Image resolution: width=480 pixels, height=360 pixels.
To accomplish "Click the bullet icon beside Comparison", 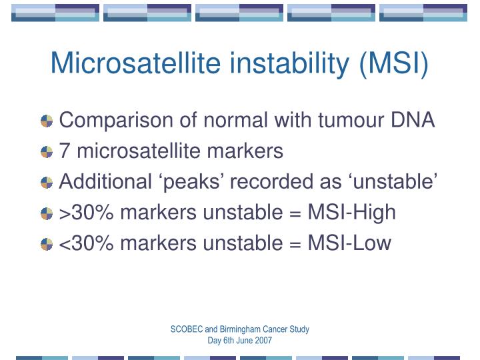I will (x=47, y=121).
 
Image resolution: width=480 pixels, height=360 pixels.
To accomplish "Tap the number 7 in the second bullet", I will (x=65, y=151).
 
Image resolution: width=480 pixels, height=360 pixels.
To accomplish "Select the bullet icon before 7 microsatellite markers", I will (x=47, y=152).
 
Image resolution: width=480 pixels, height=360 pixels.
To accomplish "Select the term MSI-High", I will (x=351, y=213).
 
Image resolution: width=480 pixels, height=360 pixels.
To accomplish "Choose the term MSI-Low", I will (x=349, y=243).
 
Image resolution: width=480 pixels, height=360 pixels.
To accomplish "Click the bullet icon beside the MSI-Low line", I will (x=47, y=244).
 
